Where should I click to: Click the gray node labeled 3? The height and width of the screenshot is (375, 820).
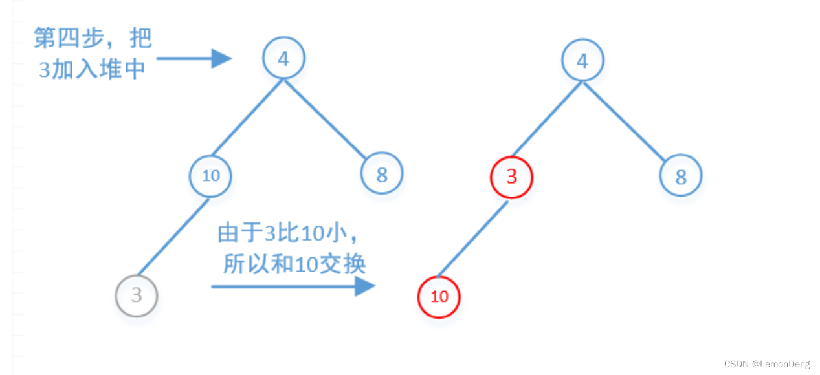point(137,296)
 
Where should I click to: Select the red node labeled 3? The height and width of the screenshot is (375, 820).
point(511,177)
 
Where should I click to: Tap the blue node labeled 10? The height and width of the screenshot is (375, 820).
point(210,175)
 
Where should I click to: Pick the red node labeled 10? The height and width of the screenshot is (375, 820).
point(439,297)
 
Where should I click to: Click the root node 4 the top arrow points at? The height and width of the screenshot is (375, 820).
point(283,59)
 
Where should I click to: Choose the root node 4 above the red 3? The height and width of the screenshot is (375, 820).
point(582,61)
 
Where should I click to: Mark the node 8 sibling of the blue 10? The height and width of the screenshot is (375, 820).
point(382,173)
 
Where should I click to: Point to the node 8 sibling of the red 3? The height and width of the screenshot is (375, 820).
point(681,176)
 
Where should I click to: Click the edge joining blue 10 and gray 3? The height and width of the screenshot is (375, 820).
point(173,237)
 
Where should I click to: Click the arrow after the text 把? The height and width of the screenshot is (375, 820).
point(194,59)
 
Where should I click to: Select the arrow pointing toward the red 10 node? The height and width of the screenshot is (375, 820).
point(293,286)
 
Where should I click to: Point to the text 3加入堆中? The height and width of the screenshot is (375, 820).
point(91,69)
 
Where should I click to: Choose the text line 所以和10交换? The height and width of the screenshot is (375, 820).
point(294,264)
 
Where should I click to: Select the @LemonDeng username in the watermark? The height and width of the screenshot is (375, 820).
point(780,365)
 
